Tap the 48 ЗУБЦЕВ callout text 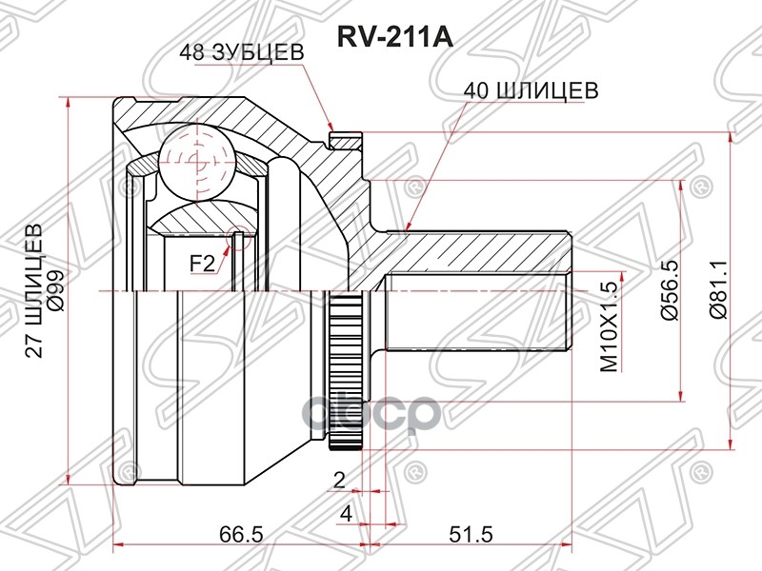(x=240, y=54)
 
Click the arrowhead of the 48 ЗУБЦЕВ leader (x=331, y=131)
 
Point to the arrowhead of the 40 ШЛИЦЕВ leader (x=406, y=229)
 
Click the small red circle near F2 (x=238, y=230)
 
